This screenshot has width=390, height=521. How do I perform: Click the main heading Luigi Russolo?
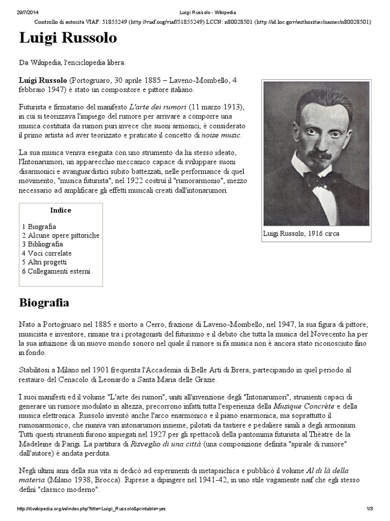68,39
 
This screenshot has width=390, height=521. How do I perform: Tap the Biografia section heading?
44,303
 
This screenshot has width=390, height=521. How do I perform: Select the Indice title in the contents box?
61,211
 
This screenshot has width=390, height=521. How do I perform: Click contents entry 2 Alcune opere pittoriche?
60,236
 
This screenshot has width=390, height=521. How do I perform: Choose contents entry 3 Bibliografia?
43,244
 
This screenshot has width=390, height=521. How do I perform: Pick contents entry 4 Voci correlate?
47,253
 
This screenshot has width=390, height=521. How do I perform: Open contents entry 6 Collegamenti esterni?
56,271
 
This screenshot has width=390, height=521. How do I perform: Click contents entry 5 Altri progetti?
44,262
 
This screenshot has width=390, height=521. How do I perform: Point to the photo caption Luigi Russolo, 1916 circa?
301,234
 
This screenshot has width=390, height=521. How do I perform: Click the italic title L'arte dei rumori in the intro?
158,107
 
